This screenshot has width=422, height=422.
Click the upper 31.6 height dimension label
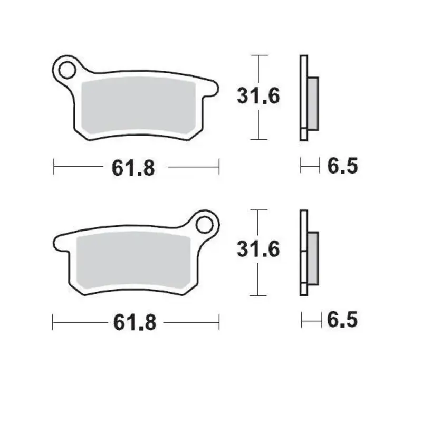click(x=258, y=97)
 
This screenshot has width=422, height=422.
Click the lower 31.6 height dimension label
click(x=258, y=250)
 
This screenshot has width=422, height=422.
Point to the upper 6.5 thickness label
click(x=343, y=167)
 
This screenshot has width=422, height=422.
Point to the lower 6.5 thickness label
click(x=343, y=320)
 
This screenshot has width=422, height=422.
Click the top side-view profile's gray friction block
click(x=312, y=103)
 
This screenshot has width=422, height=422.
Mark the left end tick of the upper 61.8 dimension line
click(x=54, y=168)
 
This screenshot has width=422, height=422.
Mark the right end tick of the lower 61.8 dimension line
click(x=219, y=321)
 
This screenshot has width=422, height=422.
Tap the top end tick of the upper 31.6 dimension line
click(x=257, y=54)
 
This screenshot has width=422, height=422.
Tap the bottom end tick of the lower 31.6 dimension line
click(x=257, y=295)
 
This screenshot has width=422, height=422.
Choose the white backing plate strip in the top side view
click(x=303, y=98)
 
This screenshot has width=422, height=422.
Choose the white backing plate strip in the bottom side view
click(x=303, y=253)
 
